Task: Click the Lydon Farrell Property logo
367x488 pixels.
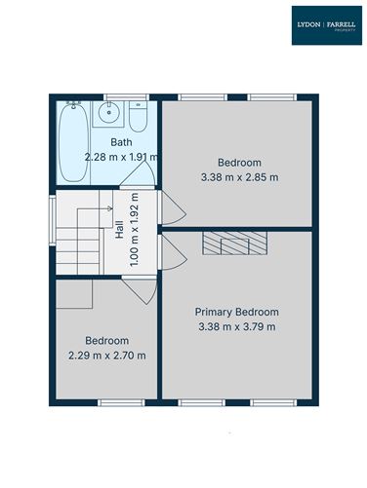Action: [x=326, y=26]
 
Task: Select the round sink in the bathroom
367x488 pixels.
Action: [x=109, y=115]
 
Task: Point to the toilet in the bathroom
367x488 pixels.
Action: [x=138, y=118]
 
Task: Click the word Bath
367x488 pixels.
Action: [x=121, y=143]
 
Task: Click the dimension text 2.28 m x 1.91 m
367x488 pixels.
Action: [x=121, y=157]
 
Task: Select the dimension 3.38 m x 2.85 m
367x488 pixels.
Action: [x=238, y=177]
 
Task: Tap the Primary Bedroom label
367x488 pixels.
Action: [x=238, y=312]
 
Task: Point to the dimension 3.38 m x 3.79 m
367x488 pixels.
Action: [x=238, y=326]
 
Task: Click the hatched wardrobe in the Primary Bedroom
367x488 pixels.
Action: [x=233, y=243]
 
